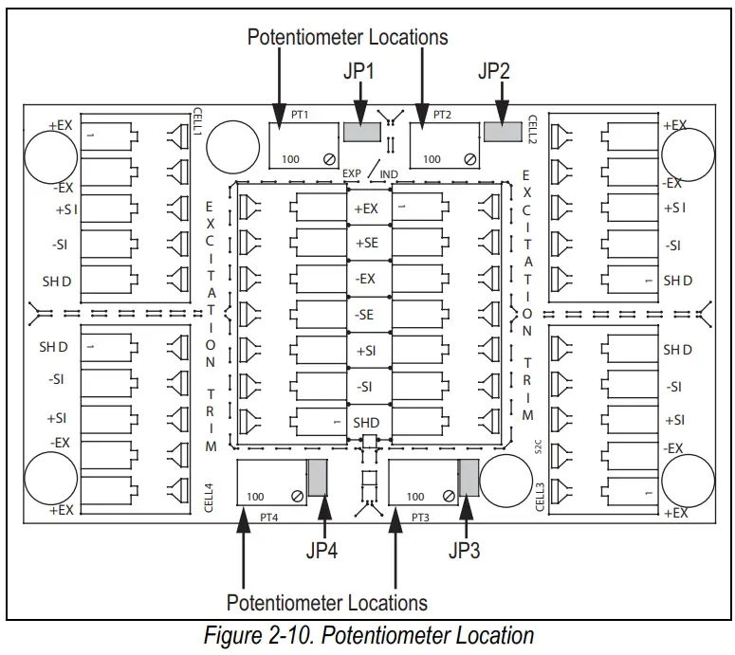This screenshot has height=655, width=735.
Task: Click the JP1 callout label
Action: (358, 71)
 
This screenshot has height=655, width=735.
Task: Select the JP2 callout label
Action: (493, 71)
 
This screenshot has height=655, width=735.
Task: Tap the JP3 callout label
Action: (464, 551)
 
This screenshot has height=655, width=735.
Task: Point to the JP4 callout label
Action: (322, 551)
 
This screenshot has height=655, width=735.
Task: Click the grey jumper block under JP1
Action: (362, 132)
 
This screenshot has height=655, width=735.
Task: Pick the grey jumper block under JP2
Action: (503, 132)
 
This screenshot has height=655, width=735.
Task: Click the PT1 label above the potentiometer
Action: (300, 115)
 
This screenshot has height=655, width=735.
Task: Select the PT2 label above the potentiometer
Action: (442, 115)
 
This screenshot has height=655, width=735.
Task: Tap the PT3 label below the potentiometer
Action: (420, 518)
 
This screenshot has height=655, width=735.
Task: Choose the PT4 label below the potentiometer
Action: (269, 518)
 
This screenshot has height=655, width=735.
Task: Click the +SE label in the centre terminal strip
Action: (367, 243)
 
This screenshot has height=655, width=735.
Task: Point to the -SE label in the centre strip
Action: (364, 315)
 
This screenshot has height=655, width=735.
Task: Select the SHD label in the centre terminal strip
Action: (366, 423)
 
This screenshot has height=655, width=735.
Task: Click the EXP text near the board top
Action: (352, 173)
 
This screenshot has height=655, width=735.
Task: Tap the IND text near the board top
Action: (389, 174)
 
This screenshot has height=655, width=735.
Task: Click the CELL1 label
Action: (197, 121)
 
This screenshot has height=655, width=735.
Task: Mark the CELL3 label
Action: (540, 498)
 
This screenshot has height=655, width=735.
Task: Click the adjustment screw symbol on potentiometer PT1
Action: (329, 159)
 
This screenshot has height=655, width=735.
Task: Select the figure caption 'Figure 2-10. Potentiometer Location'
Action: (369, 636)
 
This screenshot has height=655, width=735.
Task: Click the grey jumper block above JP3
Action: (469, 478)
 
